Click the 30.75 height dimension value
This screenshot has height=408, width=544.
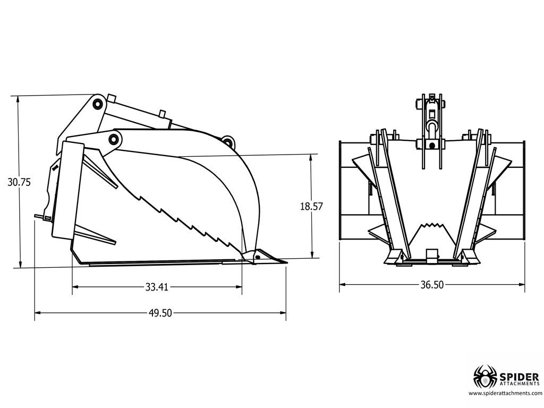point(19,182)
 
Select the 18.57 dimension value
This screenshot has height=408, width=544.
point(311,207)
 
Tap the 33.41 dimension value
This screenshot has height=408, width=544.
point(157,287)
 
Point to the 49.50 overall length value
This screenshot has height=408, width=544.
point(160,313)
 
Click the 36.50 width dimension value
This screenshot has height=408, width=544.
point(431,285)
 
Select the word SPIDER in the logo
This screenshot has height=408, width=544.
point(519,370)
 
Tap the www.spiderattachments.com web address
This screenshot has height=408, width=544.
point(505,393)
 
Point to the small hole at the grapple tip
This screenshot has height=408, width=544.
point(257,257)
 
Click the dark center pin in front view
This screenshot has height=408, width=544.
point(432,145)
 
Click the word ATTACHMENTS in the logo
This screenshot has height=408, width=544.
point(519,380)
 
